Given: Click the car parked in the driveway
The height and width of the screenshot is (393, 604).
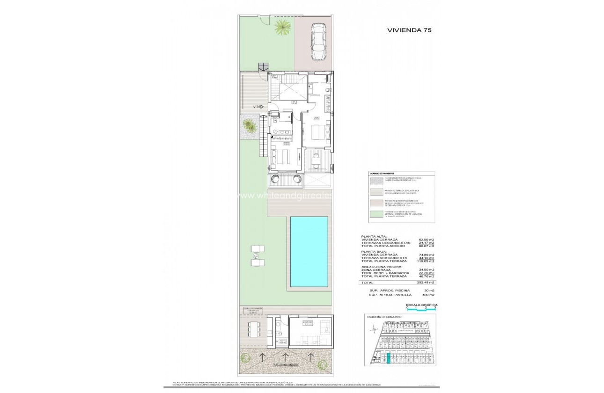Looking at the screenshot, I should [319, 43].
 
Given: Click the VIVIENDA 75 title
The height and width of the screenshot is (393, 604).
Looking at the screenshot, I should [409, 29].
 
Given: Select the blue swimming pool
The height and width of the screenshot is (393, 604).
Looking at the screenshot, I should [309, 252].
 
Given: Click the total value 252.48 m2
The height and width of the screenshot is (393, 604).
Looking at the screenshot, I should [426, 283].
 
